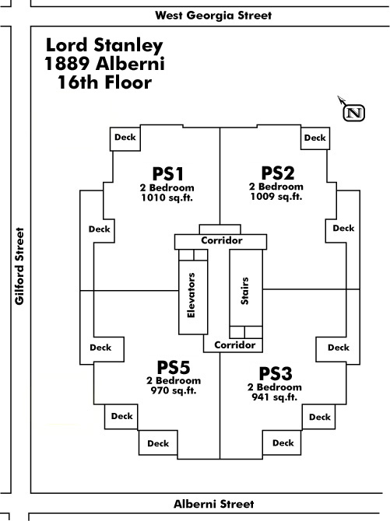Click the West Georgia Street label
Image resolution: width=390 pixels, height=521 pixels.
coord(213,16)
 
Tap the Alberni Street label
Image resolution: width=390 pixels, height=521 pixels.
coord(213,504)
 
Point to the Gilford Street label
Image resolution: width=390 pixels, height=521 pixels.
coord(19,266)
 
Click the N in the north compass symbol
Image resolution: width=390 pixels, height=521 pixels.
coord(354,113)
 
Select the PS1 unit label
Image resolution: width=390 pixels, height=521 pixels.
coord(167,173)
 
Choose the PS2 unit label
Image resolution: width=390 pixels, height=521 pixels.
coord(278,173)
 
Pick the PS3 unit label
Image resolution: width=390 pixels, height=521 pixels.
coord(276,373)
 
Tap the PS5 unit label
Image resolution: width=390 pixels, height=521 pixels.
coord(174,368)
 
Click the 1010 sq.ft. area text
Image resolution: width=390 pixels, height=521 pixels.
coord(167,198)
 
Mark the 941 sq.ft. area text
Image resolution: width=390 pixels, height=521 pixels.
coord(275,397)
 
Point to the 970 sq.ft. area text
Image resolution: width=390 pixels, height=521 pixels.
coord(174,390)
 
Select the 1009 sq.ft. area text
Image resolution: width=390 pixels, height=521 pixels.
coord(276,197)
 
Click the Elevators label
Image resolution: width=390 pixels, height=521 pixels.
coord(191,295)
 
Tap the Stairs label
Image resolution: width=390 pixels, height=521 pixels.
coord(244,291)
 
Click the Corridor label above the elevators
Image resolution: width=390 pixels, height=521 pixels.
coord(222,240)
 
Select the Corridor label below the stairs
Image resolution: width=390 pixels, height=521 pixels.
coord(234,345)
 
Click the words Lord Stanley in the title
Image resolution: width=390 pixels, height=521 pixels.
coord(104,46)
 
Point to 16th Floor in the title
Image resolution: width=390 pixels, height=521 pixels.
coord(104,82)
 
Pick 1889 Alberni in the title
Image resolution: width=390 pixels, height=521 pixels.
coord(104,64)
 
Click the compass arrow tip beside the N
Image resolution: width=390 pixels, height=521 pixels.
coord(338,96)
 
